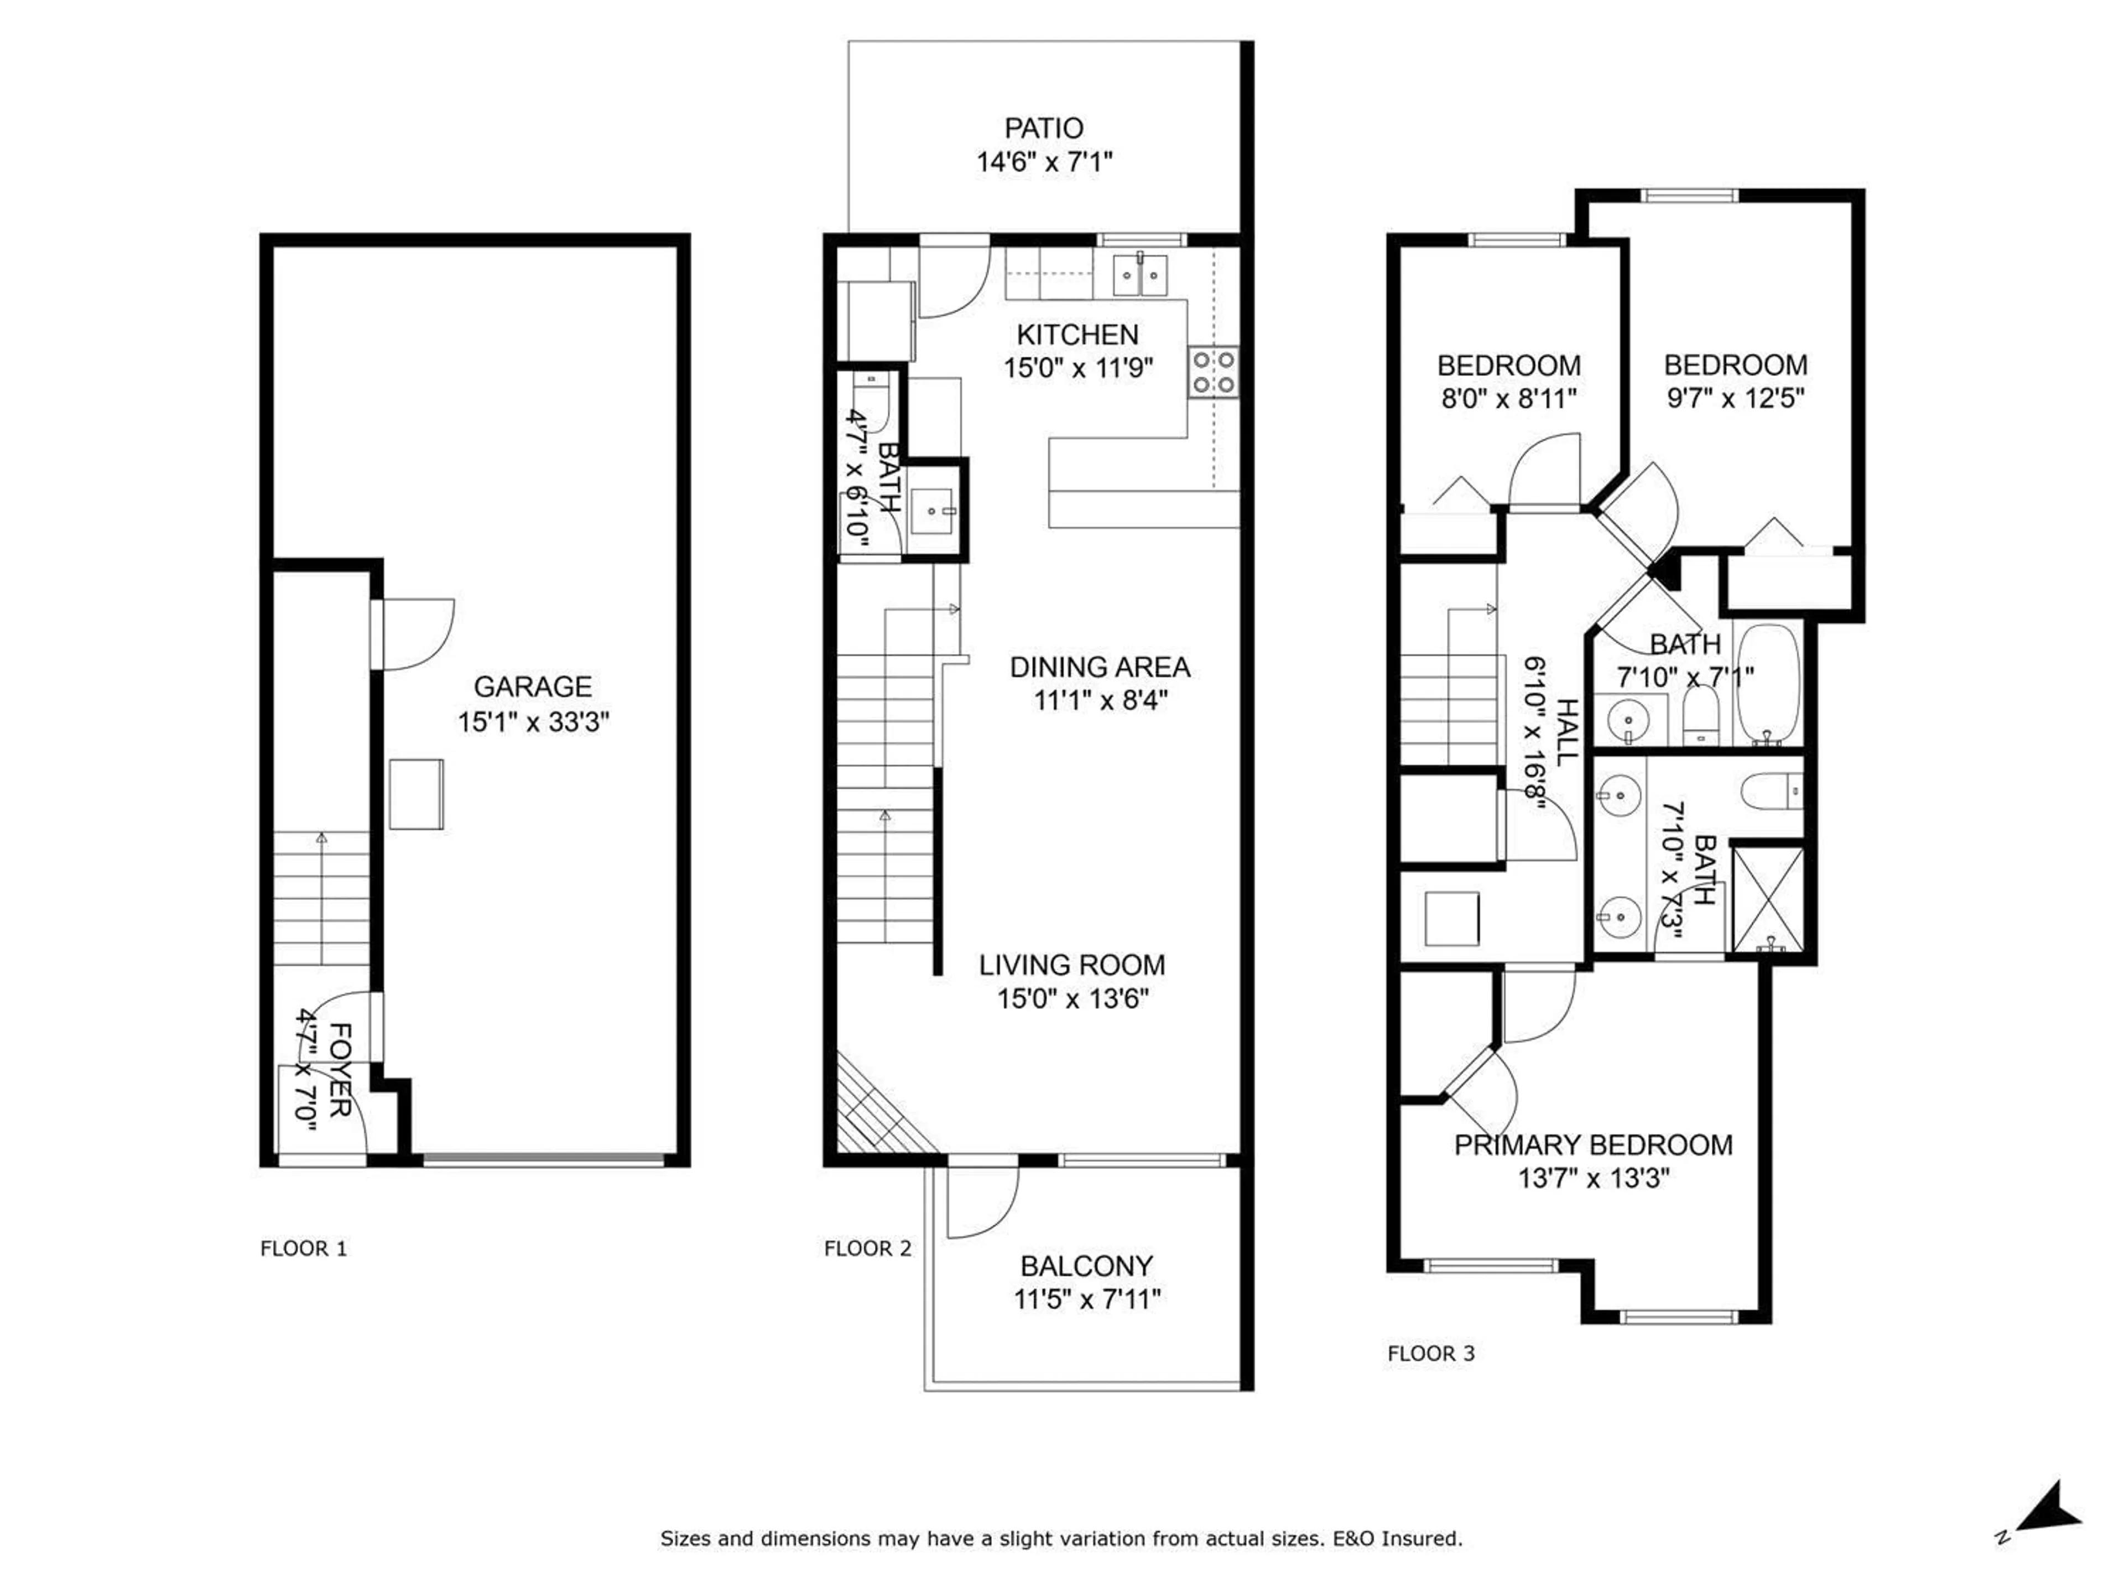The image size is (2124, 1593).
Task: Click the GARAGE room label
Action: pyautogui.click(x=532, y=686)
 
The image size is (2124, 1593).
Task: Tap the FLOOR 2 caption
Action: pyautogui.click(x=867, y=1248)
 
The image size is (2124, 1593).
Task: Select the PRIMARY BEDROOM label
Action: pyautogui.click(x=1593, y=1144)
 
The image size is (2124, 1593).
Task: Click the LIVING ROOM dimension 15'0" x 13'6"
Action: pyautogui.click(x=1073, y=998)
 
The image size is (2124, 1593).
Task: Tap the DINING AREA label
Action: pyautogui.click(x=1100, y=667)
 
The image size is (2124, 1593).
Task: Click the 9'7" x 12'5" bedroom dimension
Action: pyautogui.click(x=1735, y=398)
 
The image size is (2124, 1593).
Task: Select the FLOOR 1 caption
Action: pyautogui.click(x=304, y=1248)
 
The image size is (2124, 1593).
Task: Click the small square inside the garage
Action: pyautogui.click(x=416, y=794)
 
